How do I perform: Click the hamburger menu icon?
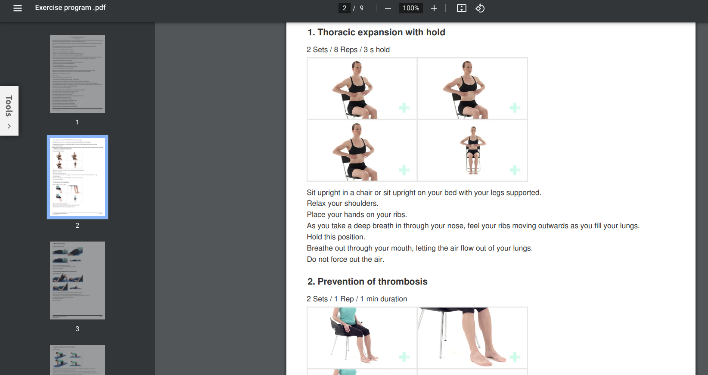(18, 8)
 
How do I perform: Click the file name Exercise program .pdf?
(70, 8)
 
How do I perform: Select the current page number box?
(344, 8)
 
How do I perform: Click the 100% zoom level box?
(411, 8)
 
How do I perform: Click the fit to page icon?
(461, 8)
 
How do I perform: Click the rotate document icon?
(480, 8)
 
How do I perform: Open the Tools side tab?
(9, 111)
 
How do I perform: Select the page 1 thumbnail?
(78, 74)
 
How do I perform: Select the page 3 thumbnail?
(78, 280)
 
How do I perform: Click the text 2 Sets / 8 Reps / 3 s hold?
(348, 50)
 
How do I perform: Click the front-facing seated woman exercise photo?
(472, 150)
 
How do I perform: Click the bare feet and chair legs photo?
(472, 337)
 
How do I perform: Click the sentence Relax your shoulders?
(342, 203)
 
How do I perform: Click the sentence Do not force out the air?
(345, 259)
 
